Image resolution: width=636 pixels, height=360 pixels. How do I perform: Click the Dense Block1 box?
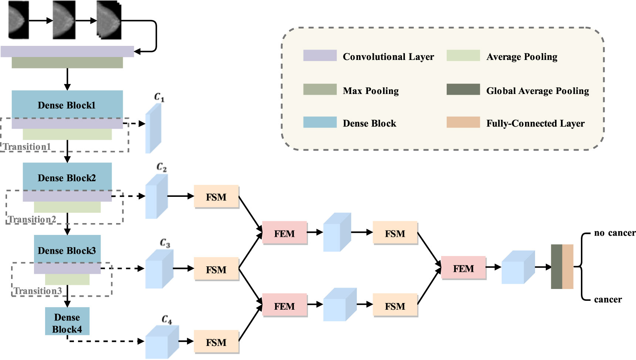(x=67, y=105)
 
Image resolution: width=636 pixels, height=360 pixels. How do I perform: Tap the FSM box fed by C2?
(x=216, y=197)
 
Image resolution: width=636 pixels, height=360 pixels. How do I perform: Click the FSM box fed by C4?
(x=216, y=342)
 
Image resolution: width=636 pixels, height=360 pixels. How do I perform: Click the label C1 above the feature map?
(x=159, y=97)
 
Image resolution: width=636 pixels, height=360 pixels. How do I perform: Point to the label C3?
(x=165, y=243)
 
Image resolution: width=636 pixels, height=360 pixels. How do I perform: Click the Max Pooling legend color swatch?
(x=320, y=90)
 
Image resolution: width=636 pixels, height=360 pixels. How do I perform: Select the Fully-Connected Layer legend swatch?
(x=463, y=122)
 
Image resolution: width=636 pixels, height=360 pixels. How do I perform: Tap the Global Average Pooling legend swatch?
(x=463, y=90)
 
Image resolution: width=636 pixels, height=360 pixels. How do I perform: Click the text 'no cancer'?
(x=615, y=233)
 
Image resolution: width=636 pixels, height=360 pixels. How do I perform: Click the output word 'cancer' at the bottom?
(x=608, y=299)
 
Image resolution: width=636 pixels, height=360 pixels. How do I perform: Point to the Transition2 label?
(x=32, y=219)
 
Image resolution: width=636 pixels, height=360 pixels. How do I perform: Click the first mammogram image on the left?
(x=18, y=20)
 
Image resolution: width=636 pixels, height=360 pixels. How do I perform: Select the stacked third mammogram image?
(x=109, y=20)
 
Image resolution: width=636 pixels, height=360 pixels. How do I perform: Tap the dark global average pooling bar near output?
(x=556, y=266)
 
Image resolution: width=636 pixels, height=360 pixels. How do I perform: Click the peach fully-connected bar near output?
(x=568, y=266)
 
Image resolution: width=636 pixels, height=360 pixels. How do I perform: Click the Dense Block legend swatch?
(x=320, y=122)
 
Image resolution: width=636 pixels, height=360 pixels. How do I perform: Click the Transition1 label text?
(x=27, y=147)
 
